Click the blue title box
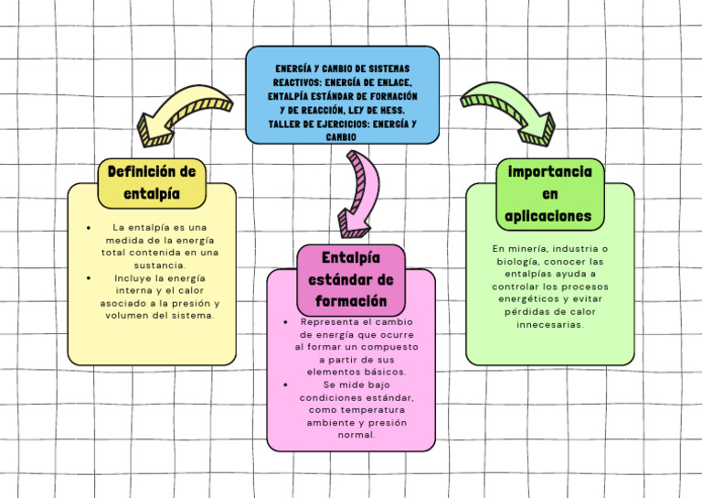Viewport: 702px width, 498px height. click(x=342, y=95)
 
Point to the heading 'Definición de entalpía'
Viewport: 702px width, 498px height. click(x=152, y=183)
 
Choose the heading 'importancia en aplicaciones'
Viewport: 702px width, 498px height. click(x=549, y=194)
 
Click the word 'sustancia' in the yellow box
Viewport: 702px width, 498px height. click(x=160, y=265)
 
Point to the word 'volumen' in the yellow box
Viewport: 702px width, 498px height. click(x=129, y=316)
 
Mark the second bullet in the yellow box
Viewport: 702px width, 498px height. click(x=87, y=278)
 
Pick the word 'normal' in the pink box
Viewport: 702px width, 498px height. click(x=356, y=436)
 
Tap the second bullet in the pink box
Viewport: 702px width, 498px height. click(x=286, y=385)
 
